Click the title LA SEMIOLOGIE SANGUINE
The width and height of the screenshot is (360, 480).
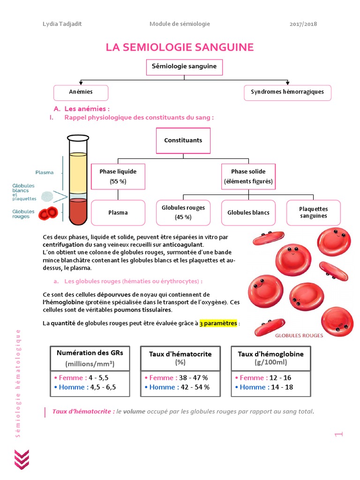pyautogui.click(x=180, y=47)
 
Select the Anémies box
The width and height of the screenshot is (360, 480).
pyautogui.click(x=81, y=92)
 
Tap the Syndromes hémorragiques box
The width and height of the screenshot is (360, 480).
pyautogui.click(x=287, y=92)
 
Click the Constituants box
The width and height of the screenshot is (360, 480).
pyautogui.click(x=183, y=140)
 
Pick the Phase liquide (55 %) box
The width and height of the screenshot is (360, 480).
pyautogui.click(x=118, y=176)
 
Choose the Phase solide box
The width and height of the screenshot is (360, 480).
pyautogui.click(x=248, y=176)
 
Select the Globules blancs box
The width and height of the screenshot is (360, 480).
pyautogui.click(x=248, y=212)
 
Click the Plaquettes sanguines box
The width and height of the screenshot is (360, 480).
pyautogui.click(x=313, y=212)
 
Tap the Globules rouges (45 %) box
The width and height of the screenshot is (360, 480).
pyautogui.click(x=183, y=212)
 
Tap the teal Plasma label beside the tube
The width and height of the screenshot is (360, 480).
pyautogui.click(x=45, y=172)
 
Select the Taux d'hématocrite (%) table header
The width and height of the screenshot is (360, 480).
pyautogui.click(x=180, y=358)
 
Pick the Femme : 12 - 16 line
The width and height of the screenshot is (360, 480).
pyautogui.click(x=265, y=378)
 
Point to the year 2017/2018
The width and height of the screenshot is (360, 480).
pyautogui.click(x=304, y=24)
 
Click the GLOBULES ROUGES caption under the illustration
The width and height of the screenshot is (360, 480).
pyautogui.click(x=299, y=336)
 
